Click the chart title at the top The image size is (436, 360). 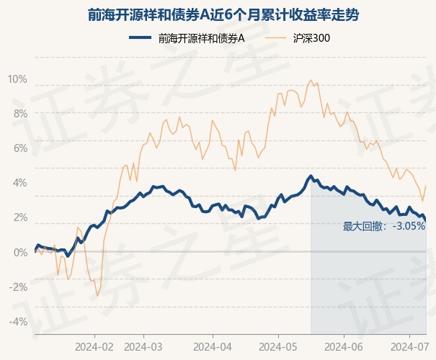tap(218, 14)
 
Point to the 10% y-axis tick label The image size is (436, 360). tap(17, 78)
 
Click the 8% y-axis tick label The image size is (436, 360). tap(19, 113)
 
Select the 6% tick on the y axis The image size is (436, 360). tap(19, 148)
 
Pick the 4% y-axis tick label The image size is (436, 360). tap(19, 182)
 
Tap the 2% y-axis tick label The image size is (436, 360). tap(19, 217)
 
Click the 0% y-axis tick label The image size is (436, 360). tap(19, 252)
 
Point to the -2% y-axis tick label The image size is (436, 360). tap(18, 287)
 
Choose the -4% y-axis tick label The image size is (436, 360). tap(18, 321)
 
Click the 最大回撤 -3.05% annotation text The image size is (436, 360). tap(383, 226)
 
